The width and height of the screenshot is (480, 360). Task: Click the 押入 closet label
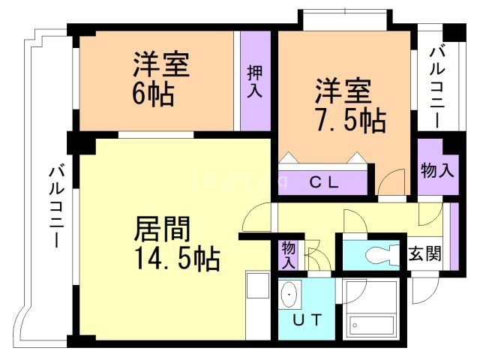coord(255,79)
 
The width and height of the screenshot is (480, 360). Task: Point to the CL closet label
coord(324,181)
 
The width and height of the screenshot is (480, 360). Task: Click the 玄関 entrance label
coord(424,253)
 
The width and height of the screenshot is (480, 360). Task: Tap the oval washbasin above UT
coord(289,296)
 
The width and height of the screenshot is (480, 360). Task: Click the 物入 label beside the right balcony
coord(436,170)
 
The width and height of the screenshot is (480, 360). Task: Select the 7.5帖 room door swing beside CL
coord(389,181)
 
